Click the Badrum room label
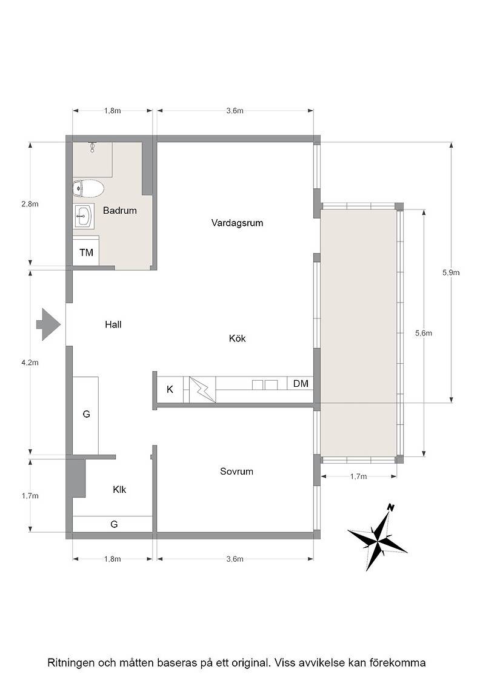pos(120,211)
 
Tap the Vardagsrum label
pos(237,223)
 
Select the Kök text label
pos(237,338)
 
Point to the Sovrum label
pos(236,472)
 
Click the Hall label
pos(113,324)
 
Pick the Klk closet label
pos(119,490)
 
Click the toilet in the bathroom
pos(88,188)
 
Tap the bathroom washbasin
pos(84,216)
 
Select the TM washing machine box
pos(86,252)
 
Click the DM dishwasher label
pos(301,384)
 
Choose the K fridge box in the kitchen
pos(170,390)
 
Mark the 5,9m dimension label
pos(451,272)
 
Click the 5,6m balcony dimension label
pos(423,333)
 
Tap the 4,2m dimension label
pos(30,363)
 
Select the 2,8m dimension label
pos(30,203)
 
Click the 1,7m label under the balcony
pos(358,476)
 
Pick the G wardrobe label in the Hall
pos(86,414)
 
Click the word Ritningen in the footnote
pos(70,663)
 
